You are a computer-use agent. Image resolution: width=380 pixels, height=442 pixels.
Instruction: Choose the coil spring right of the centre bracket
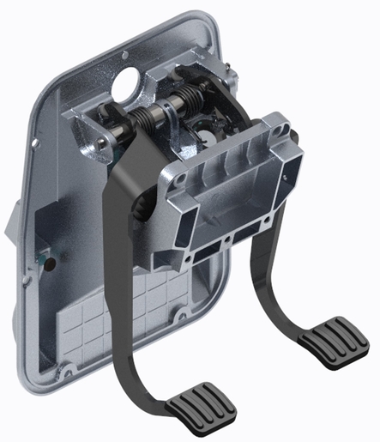click(x=193, y=103)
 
